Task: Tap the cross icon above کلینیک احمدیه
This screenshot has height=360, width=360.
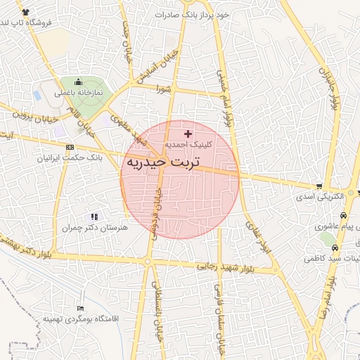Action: [187, 134]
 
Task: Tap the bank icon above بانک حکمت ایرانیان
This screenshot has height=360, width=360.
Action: [69, 147]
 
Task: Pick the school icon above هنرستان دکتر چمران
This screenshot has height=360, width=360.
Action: [94, 217]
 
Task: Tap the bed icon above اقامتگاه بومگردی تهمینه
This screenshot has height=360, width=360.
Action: [80, 308]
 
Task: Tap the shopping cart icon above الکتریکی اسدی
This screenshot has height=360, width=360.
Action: [320, 186]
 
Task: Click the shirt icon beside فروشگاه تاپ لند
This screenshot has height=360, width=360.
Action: [26, 13]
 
